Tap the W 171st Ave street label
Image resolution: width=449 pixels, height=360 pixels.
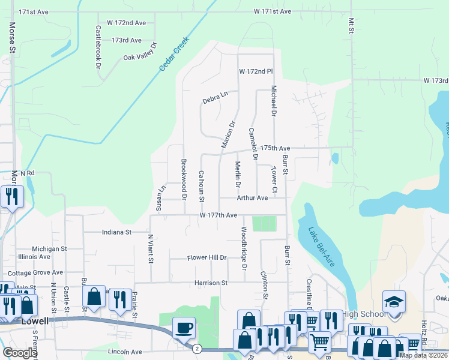[272, 11]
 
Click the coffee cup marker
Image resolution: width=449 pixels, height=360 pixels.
[184, 328]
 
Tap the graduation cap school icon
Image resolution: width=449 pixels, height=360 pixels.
[394, 302]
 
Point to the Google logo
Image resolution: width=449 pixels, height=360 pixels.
[20, 353]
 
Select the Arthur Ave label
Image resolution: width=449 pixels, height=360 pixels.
[252, 197]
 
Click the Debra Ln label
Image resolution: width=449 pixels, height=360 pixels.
[215, 95]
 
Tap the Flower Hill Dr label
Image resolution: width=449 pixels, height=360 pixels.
[206, 258]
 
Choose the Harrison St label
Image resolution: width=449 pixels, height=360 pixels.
[211, 283]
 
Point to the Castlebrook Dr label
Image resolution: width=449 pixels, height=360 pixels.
[97, 47]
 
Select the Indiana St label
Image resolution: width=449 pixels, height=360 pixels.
[116, 232]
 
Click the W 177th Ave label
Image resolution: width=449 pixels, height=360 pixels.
[218, 215]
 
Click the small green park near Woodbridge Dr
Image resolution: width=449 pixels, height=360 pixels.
[264, 224]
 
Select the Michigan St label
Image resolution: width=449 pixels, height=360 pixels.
[49, 248]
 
